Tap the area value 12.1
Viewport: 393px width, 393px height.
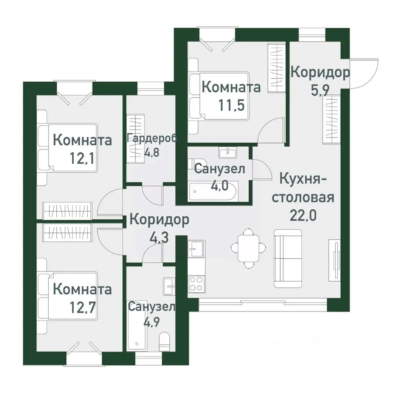click(83, 158)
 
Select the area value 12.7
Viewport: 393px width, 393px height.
click(83, 307)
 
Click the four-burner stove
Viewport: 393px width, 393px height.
click(196, 283)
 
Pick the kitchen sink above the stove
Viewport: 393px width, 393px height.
click(196, 248)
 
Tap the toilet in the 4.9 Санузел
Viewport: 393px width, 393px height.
click(165, 341)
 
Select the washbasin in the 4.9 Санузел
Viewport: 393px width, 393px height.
click(169, 286)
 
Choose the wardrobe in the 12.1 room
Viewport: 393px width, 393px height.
click(66, 211)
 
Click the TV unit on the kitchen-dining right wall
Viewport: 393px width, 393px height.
click(335, 259)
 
